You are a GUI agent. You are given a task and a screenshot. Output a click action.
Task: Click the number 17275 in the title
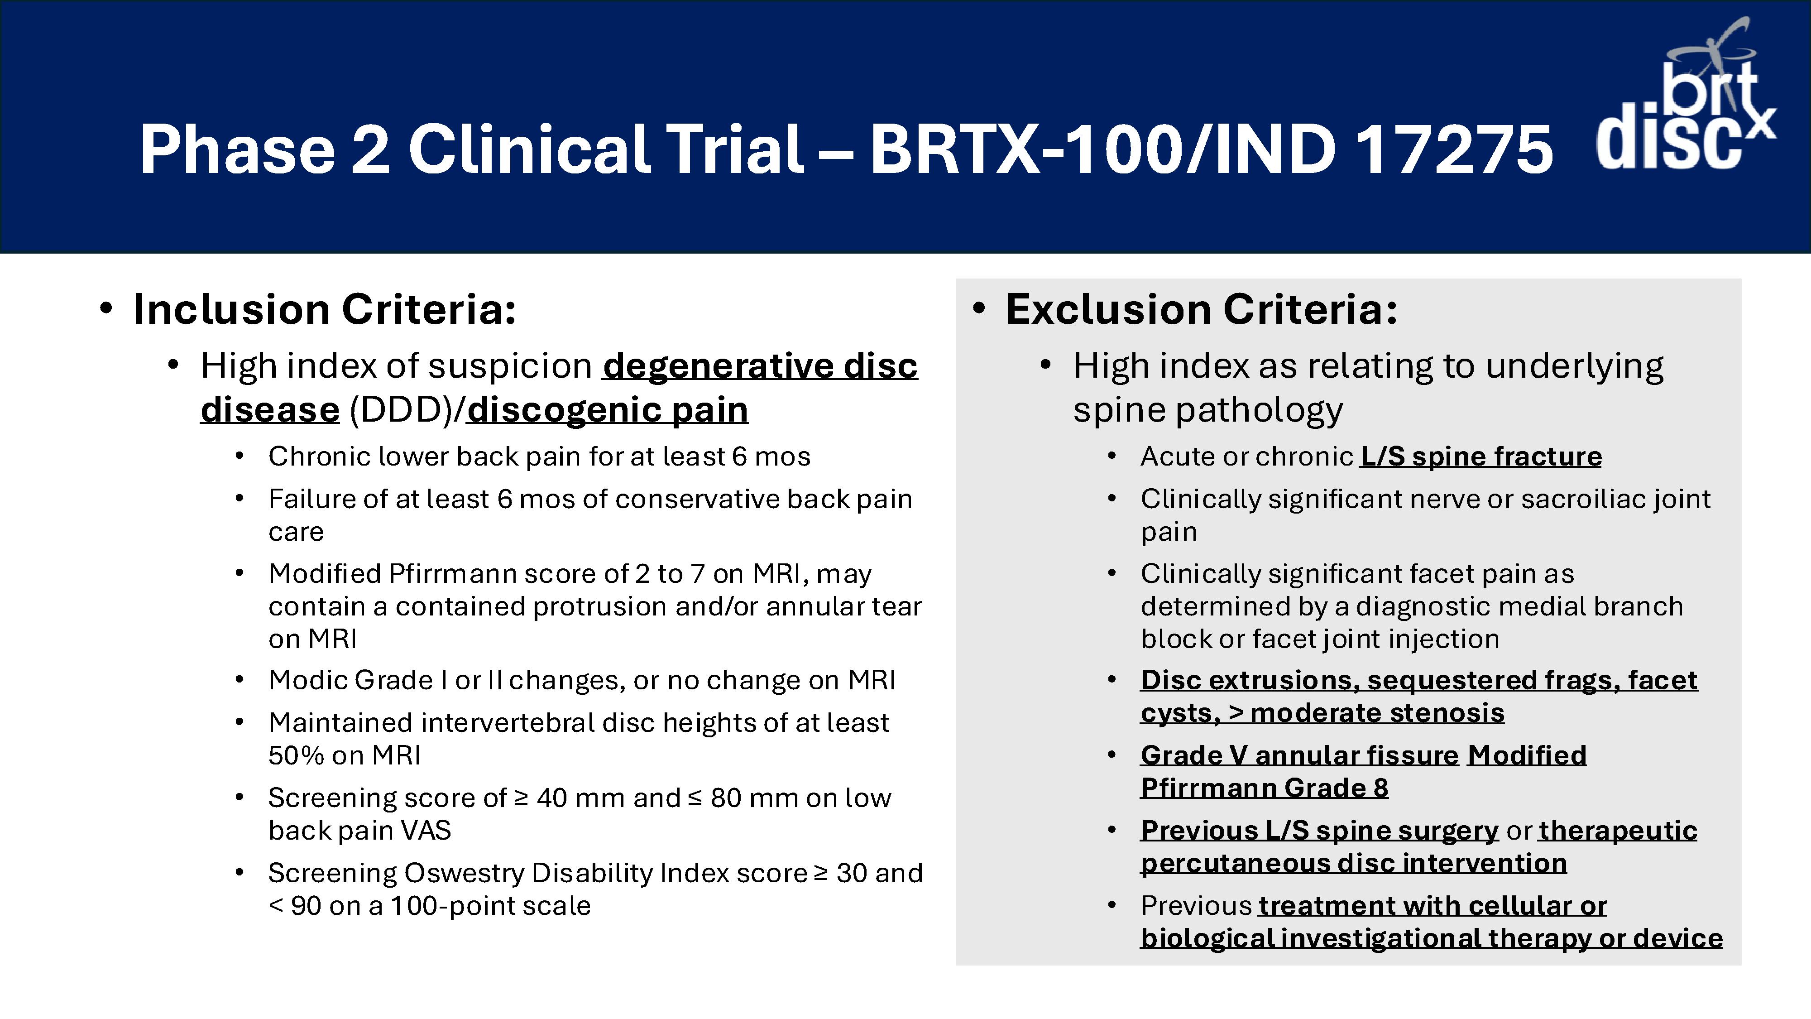1454,149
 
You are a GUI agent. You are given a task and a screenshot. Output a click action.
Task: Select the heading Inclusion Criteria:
325,309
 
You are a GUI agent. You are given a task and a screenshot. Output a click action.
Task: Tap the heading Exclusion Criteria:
1202,309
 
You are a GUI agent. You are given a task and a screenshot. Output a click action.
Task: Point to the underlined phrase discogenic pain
608,409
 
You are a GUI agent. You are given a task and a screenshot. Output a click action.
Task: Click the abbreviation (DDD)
402,410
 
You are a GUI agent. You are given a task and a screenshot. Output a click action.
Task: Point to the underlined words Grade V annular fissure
1300,755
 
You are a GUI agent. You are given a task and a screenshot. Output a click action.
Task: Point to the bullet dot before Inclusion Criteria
105,309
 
